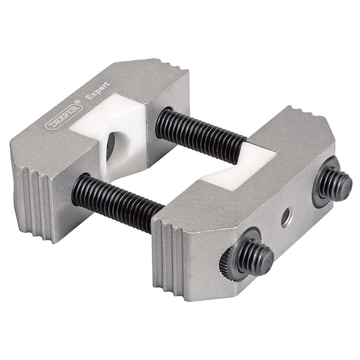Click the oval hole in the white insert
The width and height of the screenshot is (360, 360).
(116, 146)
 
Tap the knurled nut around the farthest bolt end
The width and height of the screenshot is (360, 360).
(324, 184)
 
